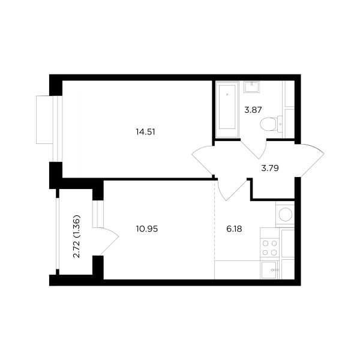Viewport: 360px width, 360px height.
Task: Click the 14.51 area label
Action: tap(146, 132)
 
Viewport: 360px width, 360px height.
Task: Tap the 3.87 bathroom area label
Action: tap(253, 110)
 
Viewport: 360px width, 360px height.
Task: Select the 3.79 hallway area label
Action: tap(270, 168)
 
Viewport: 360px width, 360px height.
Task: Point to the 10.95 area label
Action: tap(147, 229)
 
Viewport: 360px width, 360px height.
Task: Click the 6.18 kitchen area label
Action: tap(234, 229)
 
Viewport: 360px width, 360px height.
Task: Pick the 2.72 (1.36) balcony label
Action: tap(76, 236)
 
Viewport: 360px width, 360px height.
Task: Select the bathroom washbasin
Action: tap(251, 87)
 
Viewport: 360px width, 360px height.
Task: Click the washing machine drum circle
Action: tap(286, 214)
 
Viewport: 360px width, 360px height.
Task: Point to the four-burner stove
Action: tap(269, 248)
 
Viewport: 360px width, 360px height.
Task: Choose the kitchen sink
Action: tap(269, 270)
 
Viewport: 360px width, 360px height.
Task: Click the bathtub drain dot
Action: tap(227, 94)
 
